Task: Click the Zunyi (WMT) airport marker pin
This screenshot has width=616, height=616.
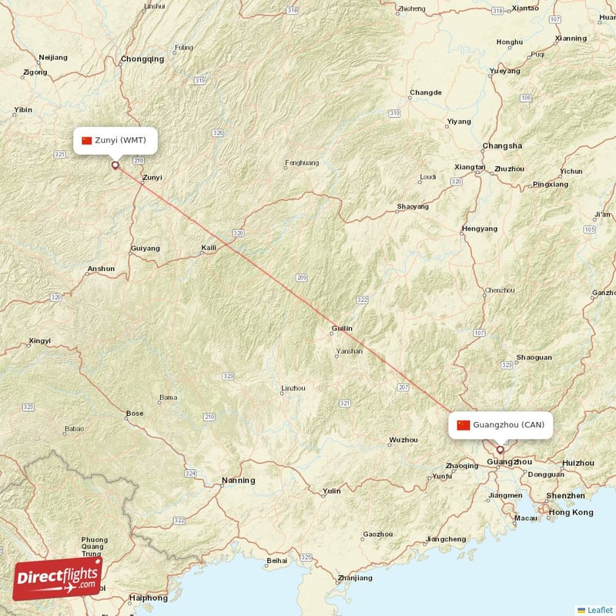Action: coord(115,164)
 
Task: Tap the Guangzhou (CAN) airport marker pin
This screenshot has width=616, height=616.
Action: coord(500,450)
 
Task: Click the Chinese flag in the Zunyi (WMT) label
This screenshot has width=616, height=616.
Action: coord(87,140)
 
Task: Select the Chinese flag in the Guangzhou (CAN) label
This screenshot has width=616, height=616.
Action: coord(463,425)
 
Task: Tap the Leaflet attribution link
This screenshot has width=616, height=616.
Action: coord(599,609)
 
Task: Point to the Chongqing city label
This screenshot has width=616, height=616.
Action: coord(142,59)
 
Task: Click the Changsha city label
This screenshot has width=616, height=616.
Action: coord(502,146)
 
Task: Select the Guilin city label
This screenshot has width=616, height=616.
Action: coord(341,329)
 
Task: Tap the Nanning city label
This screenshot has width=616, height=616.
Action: coord(238,480)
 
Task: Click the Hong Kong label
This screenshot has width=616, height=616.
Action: coord(571,513)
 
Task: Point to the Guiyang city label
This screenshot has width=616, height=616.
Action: coord(146,248)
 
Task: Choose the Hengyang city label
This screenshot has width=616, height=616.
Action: coord(479,229)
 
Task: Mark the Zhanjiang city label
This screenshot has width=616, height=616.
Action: coord(354,577)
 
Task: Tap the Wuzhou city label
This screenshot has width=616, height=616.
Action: coord(403,440)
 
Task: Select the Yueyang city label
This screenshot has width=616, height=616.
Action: coord(504,71)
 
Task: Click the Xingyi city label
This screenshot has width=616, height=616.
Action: coord(39,340)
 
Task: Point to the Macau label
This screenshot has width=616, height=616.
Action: coord(526,518)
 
